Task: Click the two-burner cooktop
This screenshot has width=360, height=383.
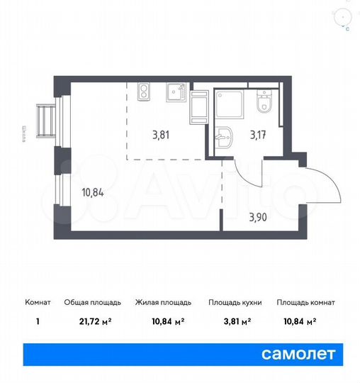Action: (144, 91)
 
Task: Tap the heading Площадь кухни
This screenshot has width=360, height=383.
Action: (235, 302)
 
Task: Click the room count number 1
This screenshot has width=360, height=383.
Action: (36, 322)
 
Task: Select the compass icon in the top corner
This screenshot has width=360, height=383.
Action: (346, 16)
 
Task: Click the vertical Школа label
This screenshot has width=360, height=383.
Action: (25, 134)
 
